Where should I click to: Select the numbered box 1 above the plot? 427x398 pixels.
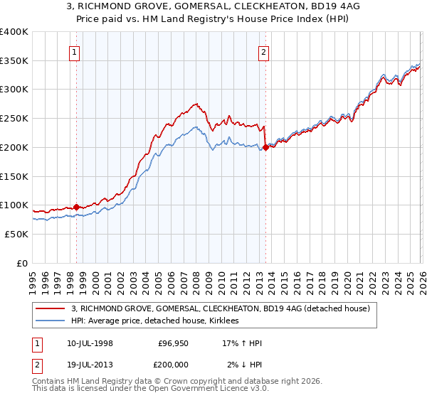75,51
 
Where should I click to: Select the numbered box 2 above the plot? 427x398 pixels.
264,51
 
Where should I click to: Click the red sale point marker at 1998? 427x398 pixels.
76,208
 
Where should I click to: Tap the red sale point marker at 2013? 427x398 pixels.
265,148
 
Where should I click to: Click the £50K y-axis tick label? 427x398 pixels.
16,234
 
